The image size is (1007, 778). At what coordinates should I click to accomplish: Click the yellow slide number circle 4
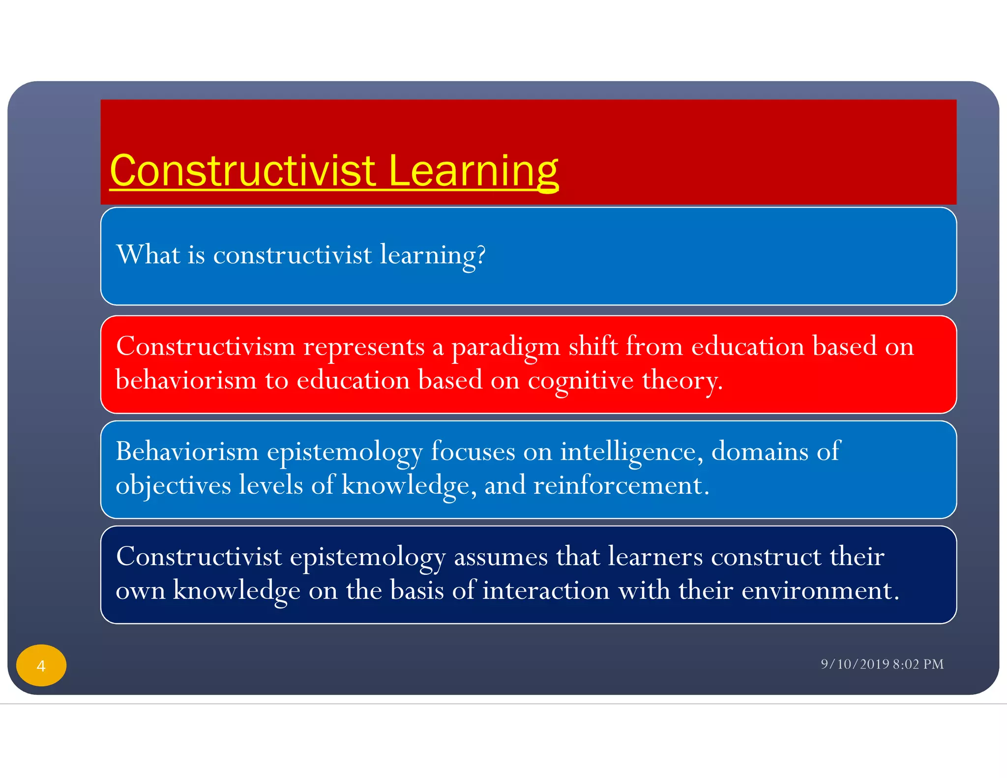41,665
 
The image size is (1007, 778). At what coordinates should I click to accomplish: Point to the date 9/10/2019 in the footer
855,664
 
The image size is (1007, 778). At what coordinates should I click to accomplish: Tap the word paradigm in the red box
506,347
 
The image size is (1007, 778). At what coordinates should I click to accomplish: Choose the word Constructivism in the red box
206,346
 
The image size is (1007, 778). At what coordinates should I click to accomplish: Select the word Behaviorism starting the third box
187,451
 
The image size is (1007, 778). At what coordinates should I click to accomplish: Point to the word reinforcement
621,485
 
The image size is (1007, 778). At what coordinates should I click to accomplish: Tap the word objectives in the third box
173,485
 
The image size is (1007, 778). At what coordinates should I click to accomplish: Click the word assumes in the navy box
501,557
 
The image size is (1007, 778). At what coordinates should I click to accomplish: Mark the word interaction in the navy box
546,590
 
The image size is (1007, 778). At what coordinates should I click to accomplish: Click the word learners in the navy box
655,557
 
